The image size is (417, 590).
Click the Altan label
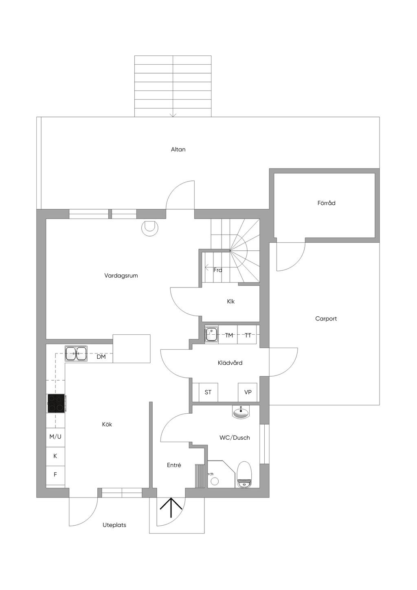pos(178,149)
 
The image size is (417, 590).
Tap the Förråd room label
pos(326,203)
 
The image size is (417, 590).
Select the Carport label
pos(326,319)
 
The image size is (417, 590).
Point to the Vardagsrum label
pos(121,276)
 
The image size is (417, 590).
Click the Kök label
pos(107,424)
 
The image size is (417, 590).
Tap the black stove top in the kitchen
pos(56,403)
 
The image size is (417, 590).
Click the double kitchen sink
pos(76,353)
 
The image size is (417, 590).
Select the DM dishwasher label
pos(101,357)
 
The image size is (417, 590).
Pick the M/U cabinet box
pos(55,437)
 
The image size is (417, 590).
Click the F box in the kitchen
pos(55,474)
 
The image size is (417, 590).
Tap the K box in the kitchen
pos(55,456)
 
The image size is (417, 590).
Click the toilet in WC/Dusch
pos(245,474)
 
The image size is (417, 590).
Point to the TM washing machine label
pos(229,335)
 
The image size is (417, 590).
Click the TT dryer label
pos(248,335)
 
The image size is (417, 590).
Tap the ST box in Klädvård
pos(208,392)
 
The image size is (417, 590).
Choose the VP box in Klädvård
pos(248,392)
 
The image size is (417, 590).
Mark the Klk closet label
pos(231,301)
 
